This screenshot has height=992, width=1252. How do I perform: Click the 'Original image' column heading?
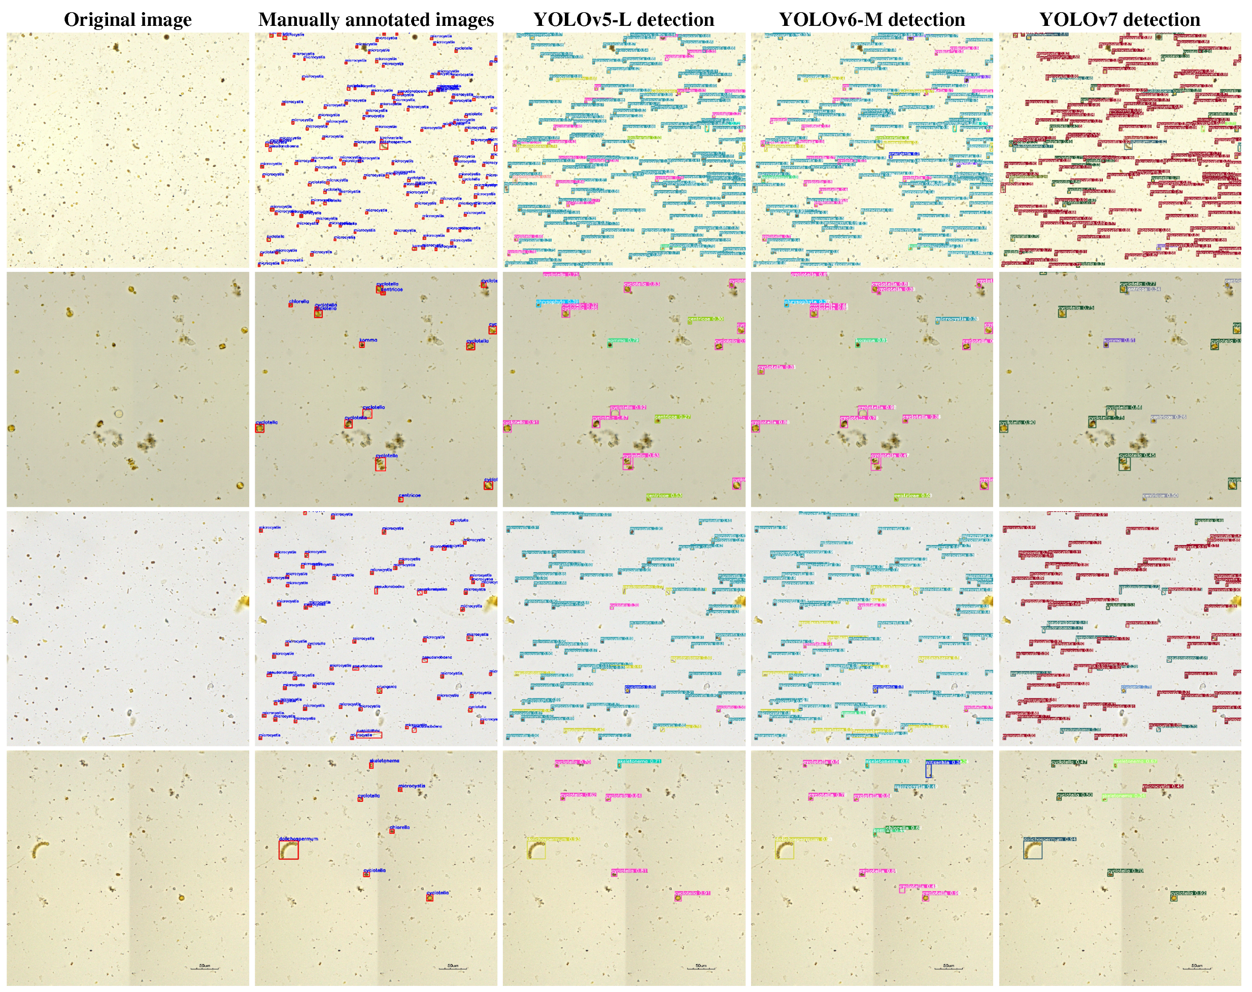pos(128,20)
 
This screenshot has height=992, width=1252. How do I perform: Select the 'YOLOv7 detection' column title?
pos(1119,20)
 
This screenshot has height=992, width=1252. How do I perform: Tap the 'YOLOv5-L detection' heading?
pos(623,20)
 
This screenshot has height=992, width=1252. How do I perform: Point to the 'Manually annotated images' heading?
pos(376,20)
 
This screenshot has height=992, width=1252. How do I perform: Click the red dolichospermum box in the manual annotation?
pos(288,850)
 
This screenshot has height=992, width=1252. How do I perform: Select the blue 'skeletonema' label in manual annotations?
pos(384,760)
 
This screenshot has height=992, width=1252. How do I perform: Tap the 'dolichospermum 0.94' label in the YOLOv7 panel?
pos(1050,839)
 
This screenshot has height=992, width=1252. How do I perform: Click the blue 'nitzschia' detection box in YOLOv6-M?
pos(928,770)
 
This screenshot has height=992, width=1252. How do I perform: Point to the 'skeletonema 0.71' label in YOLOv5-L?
pos(639,761)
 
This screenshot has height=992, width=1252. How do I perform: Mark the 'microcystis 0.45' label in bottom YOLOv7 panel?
pos(1163,787)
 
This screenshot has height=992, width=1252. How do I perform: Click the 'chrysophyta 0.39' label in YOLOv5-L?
pos(557,302)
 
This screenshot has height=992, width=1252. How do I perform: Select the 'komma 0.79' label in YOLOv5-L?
pos(623,340)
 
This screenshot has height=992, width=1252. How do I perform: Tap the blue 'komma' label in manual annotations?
pos(368,340)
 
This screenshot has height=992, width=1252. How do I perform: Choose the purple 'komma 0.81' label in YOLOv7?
pos(1119,340)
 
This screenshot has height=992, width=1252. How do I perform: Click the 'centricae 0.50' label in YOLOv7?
pos(1160,495)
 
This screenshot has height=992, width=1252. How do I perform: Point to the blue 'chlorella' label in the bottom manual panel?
pos(399,827)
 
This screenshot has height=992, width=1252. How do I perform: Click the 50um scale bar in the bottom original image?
pos(205,968)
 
